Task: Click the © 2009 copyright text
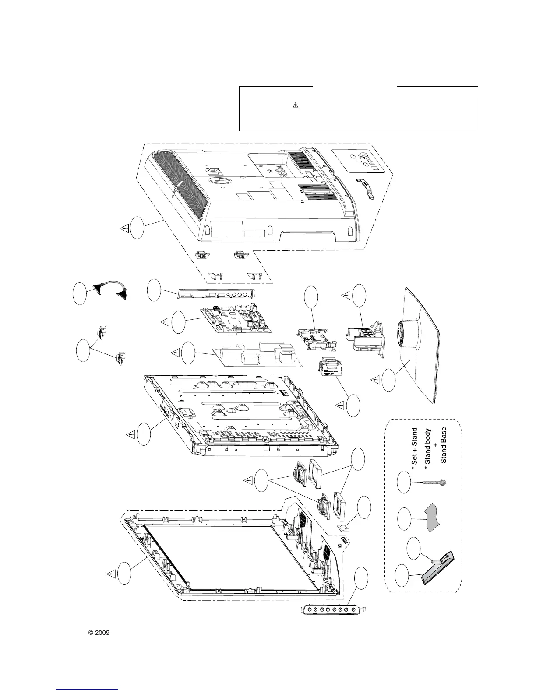(x=99, y=633)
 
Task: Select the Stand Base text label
(x=444, y=445)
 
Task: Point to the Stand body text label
(x=428, y=447)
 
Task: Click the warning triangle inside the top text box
(x=295, y=105)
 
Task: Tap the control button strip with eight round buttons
(x=334, y=609)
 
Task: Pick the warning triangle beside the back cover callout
(x=124, y=228)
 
